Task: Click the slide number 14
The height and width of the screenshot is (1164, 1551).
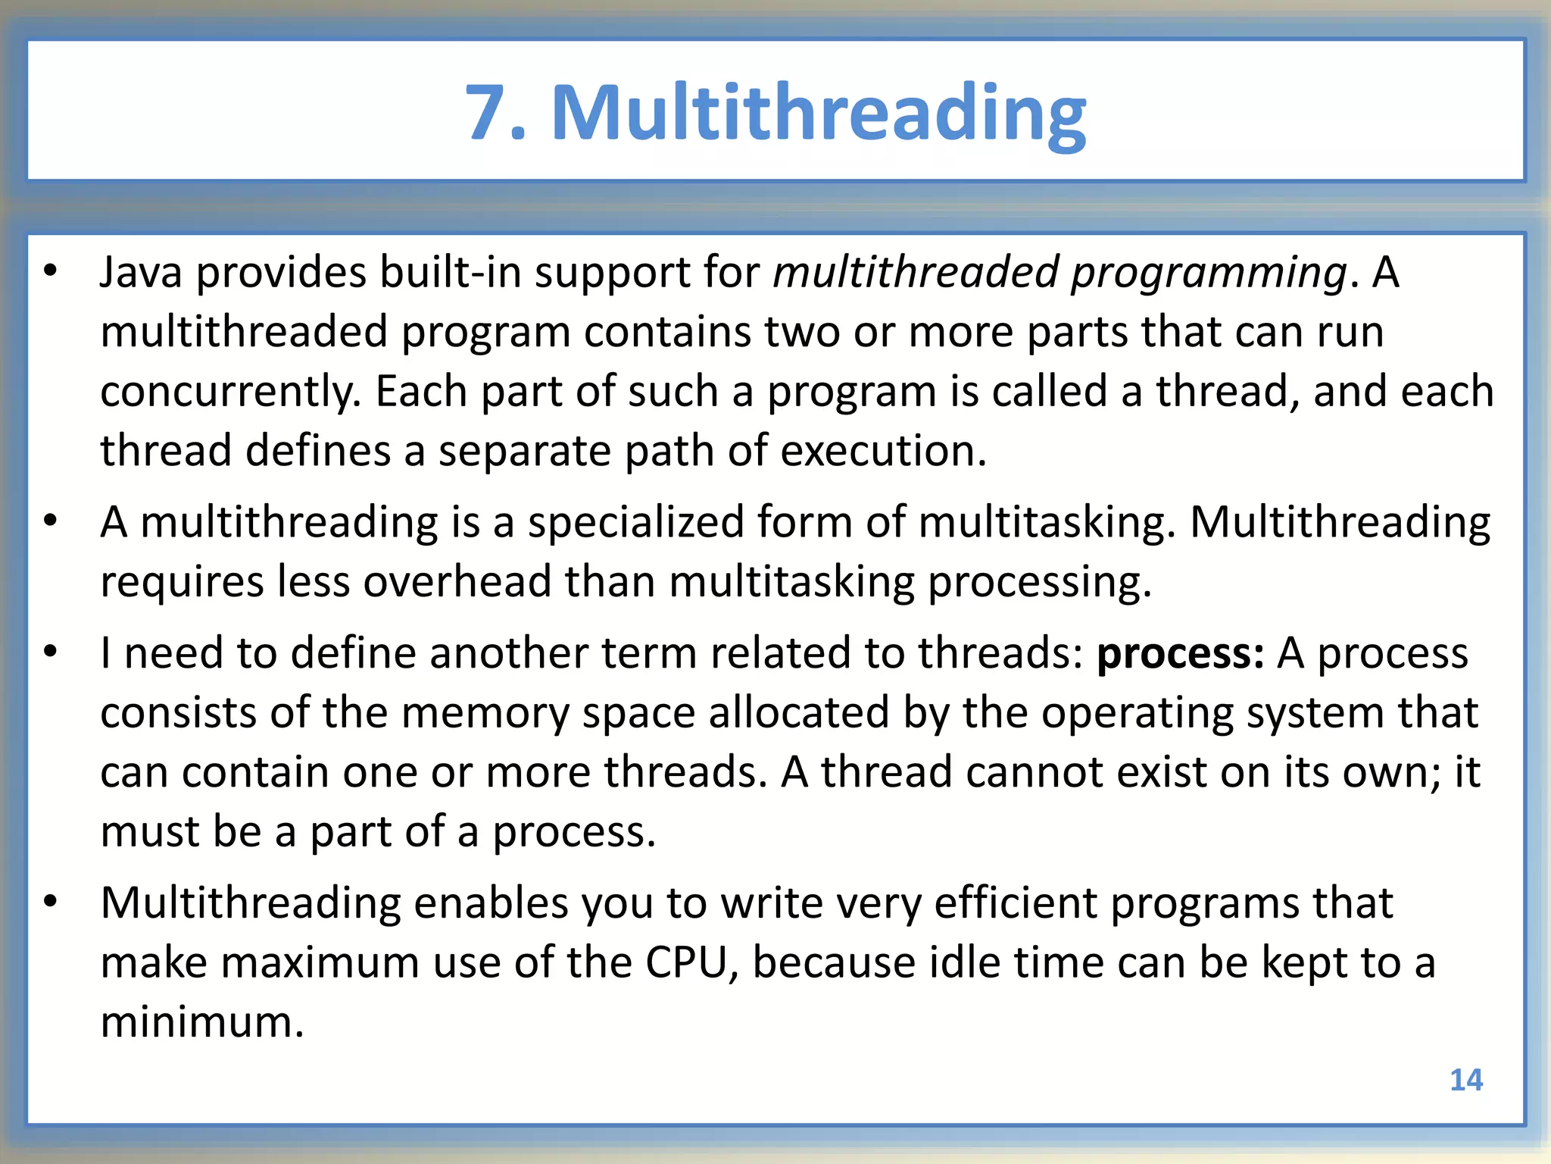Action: click(x=1465, y=1080)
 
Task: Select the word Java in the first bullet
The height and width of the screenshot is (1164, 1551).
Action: click(x=141, y=272)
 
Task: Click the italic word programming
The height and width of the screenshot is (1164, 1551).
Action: click(x=1209, y=274)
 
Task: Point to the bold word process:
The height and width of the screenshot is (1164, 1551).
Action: click(x=1180, y=654)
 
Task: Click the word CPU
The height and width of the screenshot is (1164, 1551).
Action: click(x=686, y=963)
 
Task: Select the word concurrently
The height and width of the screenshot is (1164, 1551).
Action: click(x=230, y=393)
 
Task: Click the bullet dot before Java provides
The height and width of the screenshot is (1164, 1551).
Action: click(x=51, y=271)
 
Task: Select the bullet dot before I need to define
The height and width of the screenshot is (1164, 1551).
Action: click(x=51, y=652)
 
